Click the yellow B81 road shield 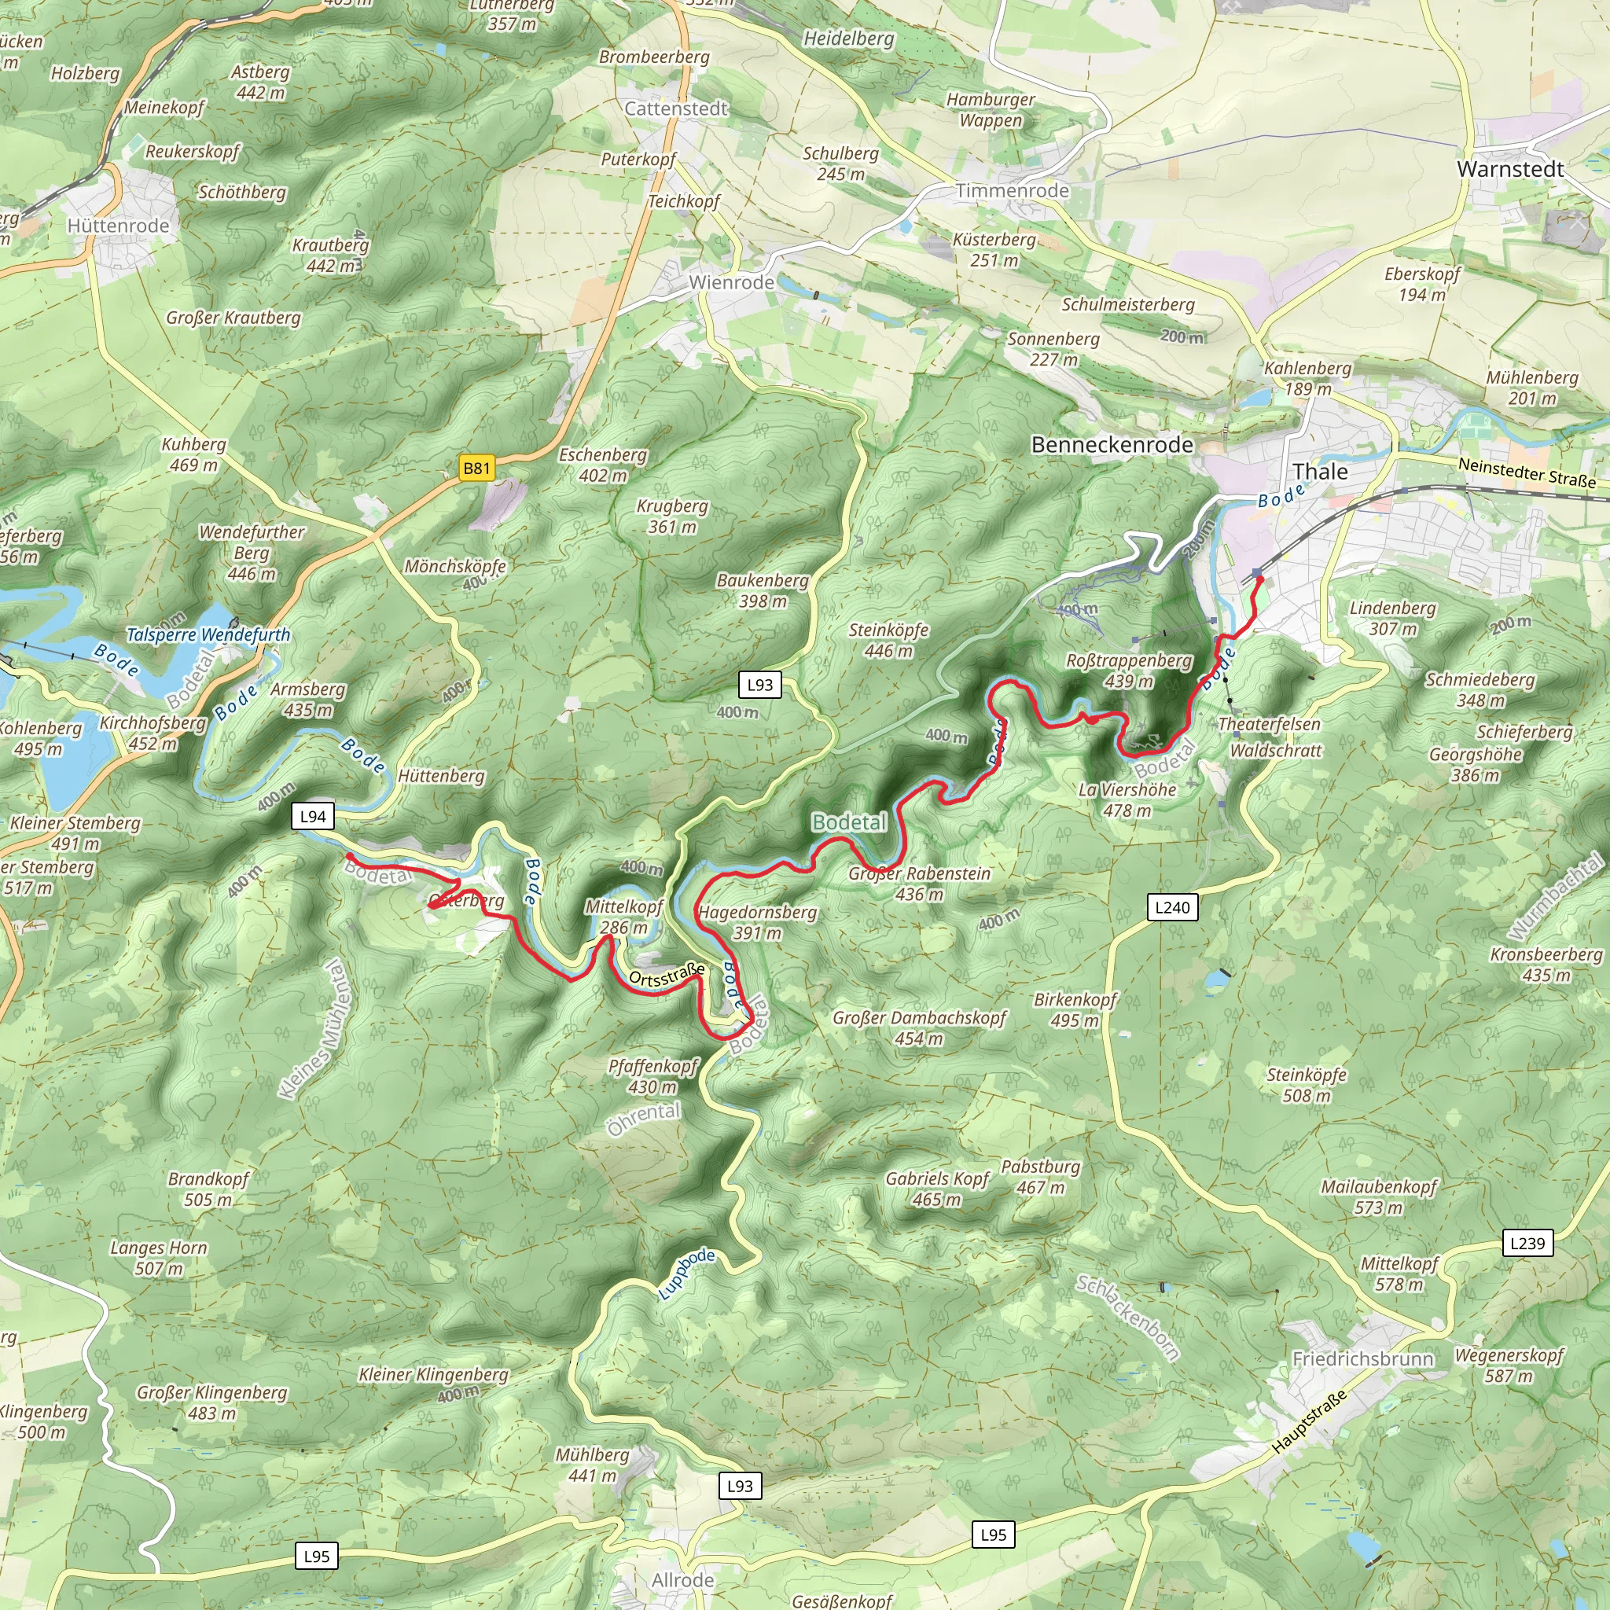(476, 469)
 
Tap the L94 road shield (314, 817)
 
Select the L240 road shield (1171, 907)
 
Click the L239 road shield (1527, 1244)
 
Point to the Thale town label (1320, 472)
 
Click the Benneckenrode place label (1112, 445)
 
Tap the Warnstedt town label (1510, 169)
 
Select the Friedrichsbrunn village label (1362, 1359)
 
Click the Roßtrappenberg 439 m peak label (1129, 671)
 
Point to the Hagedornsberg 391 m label (758, 922)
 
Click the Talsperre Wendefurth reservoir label (208, 635)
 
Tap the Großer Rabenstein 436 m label (919, 884)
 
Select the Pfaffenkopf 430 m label (652, 1076)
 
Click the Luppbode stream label (686, 1274)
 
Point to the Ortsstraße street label (667, 975)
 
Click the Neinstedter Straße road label (1527, 473)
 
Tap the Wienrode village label (731, 282)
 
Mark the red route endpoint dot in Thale (1260, 579)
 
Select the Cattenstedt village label (676, 108)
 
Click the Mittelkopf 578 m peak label (1399, 1274)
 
